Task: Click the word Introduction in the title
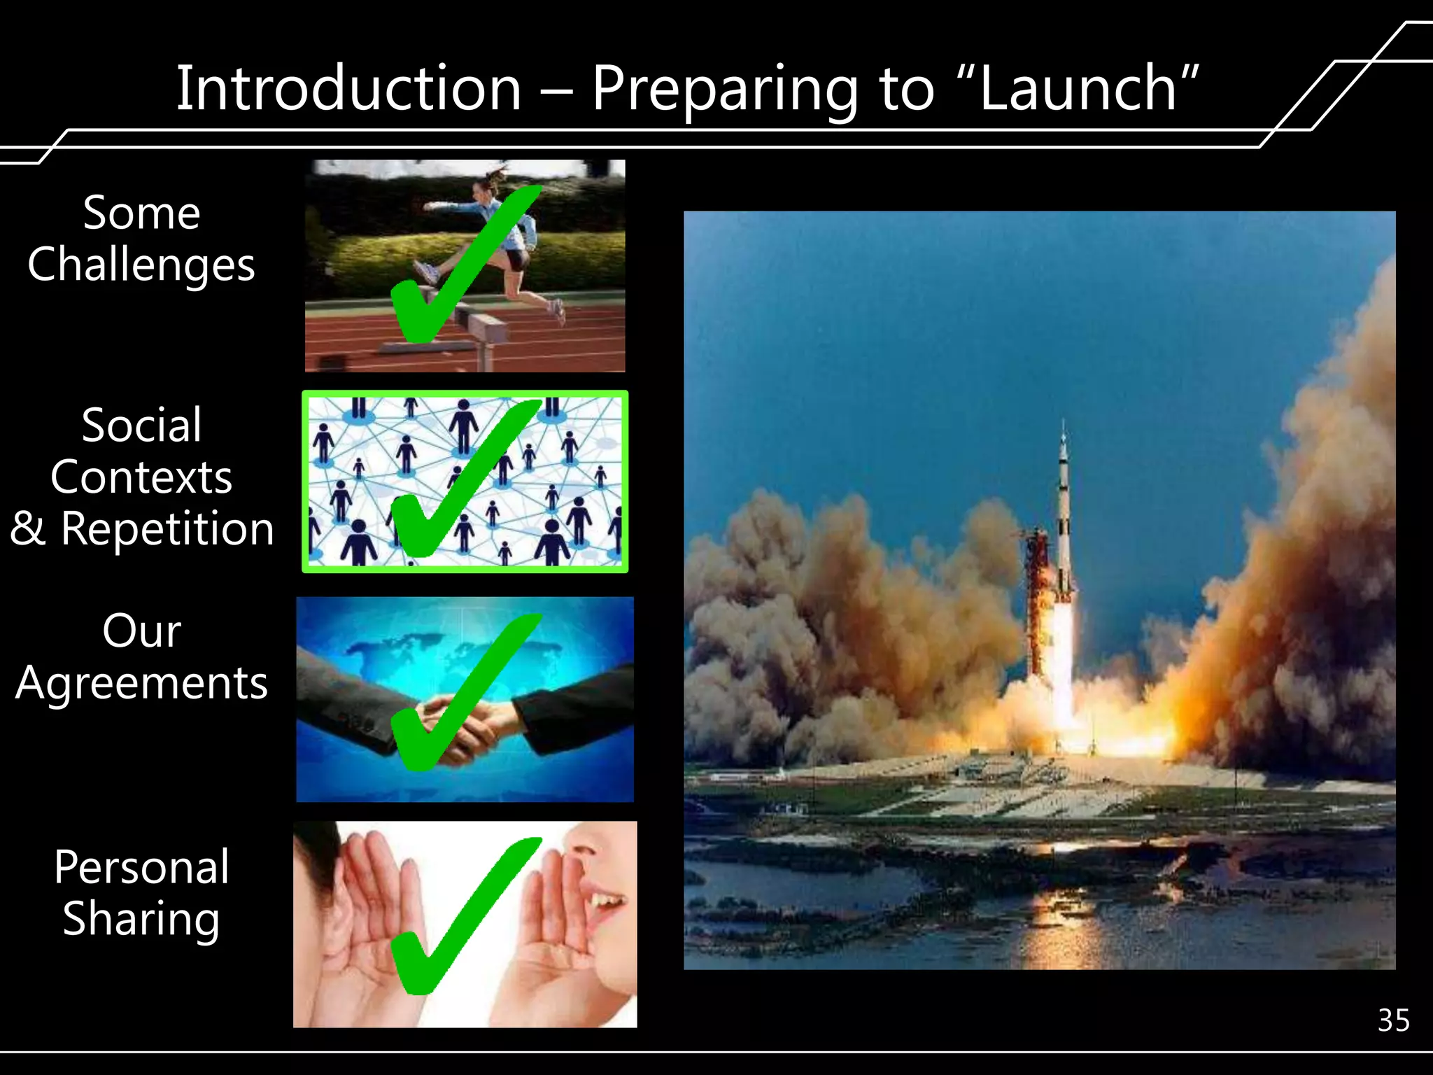point(348,89)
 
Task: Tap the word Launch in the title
point(1078,89)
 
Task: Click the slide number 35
point(1393,1021)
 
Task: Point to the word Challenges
point(141,265)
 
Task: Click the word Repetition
point(167,528)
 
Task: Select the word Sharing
point(141,920)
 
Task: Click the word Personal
point(141,867)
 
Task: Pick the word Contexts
point(141,477)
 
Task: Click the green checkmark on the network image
point(455,483)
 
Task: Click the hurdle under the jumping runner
point(483,329)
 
